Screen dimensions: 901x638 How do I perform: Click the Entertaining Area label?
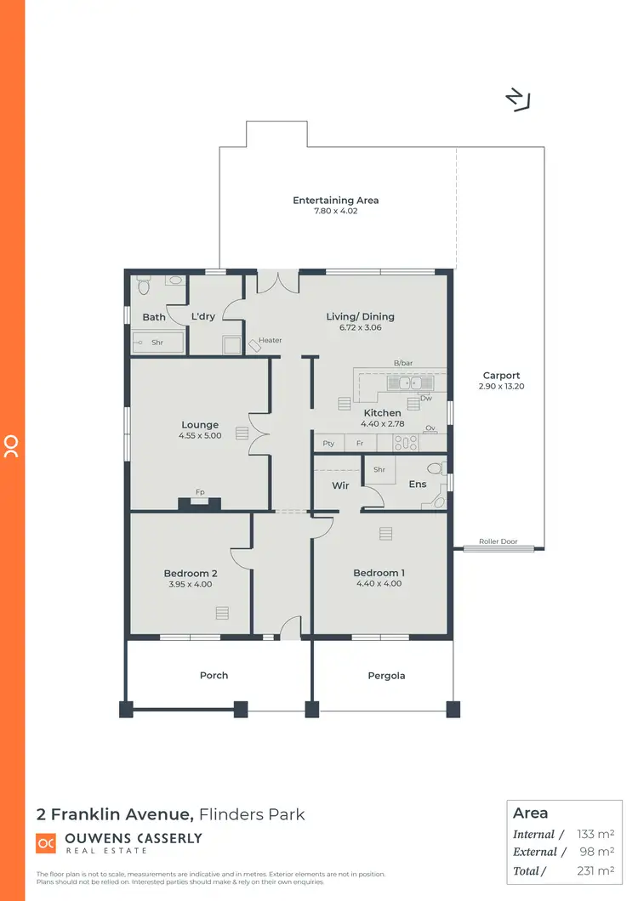point(336,201)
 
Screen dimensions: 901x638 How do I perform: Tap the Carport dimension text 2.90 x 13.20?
point(501,387)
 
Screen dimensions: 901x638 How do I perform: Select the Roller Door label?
point(498,541)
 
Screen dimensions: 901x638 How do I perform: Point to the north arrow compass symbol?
point(516,100)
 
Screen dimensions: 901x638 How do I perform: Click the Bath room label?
point(154,317)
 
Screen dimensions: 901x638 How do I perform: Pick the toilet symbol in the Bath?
point(142,283)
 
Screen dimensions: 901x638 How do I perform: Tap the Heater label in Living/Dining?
point(271,341)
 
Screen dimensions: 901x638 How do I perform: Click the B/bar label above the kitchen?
point(402,363)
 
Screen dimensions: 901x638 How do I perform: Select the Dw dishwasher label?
point(425,398)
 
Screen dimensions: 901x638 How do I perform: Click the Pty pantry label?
point(328,444)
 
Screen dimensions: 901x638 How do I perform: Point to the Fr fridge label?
point(360,444)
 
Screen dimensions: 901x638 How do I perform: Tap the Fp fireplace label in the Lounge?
point(200,492)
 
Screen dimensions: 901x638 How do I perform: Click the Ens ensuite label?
point(418,484)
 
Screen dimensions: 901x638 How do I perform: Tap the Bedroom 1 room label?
point(379,573)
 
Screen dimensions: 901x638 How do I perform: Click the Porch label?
point(214,676)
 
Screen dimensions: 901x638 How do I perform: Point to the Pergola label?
point(386,676)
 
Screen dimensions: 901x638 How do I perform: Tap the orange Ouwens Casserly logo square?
point(46,843)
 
